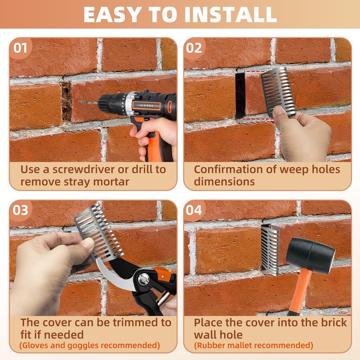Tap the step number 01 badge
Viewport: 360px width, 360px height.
pyautogui.click(x=20, y=48)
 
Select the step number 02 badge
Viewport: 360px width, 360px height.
pyautogui.click(x=194, y=48)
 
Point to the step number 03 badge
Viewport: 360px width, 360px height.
pyautogui.click(x=20, y=210)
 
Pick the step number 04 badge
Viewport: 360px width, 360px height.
pyautogui.click(x=194, y=210)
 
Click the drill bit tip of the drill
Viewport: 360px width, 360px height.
pyautogui.click(x=79, y=102)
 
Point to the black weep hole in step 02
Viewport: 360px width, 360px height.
pyautogui.click(x=240, y=95)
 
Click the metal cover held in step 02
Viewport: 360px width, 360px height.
pyautogui.click(x=278, y=93)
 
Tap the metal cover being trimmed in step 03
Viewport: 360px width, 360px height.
pyautogui.click(x=99, y=233)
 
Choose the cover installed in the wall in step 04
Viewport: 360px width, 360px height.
pyautogui.click(x=270, y=250)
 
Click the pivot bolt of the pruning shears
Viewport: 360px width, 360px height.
pyautogui.click(x=144, y=279)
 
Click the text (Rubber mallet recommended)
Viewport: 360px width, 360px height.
pyautogui.click(x=253, y=345)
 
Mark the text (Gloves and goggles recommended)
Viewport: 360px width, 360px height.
pyautogui.click(x=90, y=345)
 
